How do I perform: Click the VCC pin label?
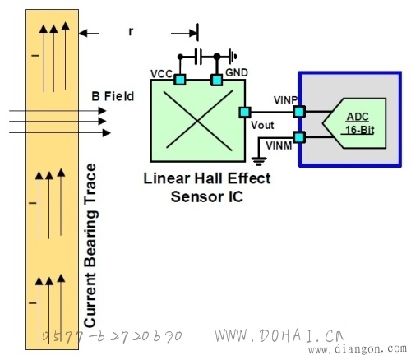pos(161,74)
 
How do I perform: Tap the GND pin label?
pos(237,72)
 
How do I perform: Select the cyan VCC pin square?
pos(180,80)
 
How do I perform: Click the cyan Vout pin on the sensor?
pos(245,112)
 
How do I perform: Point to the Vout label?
pos(262,125)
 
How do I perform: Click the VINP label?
pos(285,100)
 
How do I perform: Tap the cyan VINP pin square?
pos(299,112)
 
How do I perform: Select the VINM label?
pos(279,145)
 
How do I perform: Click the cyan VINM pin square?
pos(299,137)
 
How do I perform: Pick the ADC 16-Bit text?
pos(358,123)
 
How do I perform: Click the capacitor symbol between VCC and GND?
pos(198,57)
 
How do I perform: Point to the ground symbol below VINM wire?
pos(259,161)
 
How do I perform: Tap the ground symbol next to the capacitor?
pos(233,57)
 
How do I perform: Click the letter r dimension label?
pos(131,31)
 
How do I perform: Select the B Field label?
pos(113,96)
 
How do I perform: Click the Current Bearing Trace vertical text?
pos(90,246)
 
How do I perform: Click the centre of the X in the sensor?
pos(198,121)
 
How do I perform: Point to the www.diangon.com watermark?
pos(358,349)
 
